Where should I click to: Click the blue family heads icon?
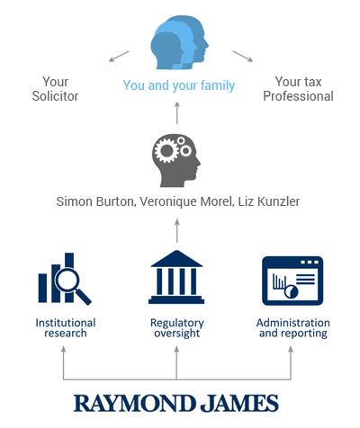[x=179, y=42]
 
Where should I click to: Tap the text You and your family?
[x=179, y=85]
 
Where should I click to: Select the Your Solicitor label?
[x=55, y=89]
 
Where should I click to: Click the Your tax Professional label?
[x=298, y=89]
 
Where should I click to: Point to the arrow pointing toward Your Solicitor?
[x=119, y=57]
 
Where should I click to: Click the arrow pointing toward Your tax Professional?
[x=243, y=57]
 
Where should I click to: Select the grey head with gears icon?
[x=176, y=160]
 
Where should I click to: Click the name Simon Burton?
[x=95, y=201]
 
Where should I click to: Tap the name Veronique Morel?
[x=186, y=201]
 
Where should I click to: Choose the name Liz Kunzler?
[x=269, y=201]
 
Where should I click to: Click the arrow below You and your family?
[x=177, y=113]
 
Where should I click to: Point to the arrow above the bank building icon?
[x=177, y=230]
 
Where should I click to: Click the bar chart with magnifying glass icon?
[x=65, y=279]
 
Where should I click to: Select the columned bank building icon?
[x=176, y=277]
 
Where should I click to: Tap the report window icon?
[x=292, y=281]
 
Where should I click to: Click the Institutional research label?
[x=66, y=328]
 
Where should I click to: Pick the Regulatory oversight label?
[x=177, y=328]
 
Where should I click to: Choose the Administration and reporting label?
[x=293, y=328]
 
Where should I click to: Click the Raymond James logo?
[x=176, y=403]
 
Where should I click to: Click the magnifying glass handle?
[x=84, y=298]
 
